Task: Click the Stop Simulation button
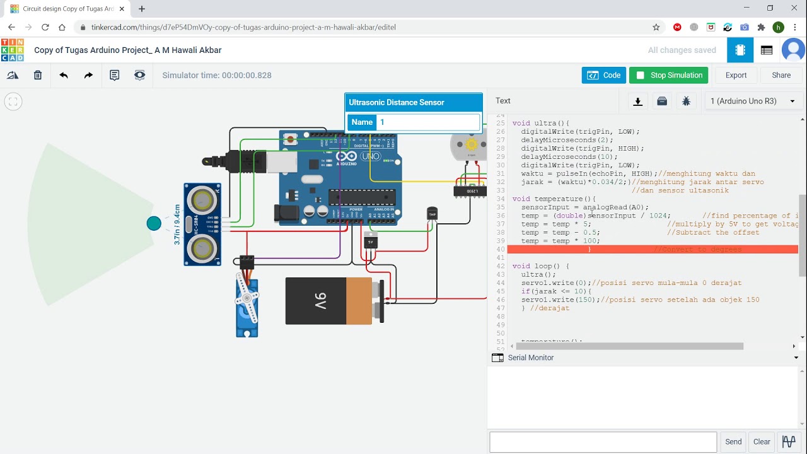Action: coord(668,75)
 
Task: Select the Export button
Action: coord(736,75)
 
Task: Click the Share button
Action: coord(781,75)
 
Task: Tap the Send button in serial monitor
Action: coord(733,441)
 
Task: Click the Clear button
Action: coord(762,441)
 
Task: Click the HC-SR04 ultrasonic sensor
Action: coord(202,224)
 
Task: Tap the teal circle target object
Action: coord(154,223)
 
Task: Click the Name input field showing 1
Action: coord(428,122)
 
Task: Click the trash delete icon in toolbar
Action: coord(38,75)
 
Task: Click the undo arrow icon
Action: coord(64,75)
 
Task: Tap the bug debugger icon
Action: coord(686,101)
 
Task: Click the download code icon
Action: coord(638,101)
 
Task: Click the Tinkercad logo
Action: coord(13,50)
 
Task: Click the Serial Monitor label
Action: coord(531,358)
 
